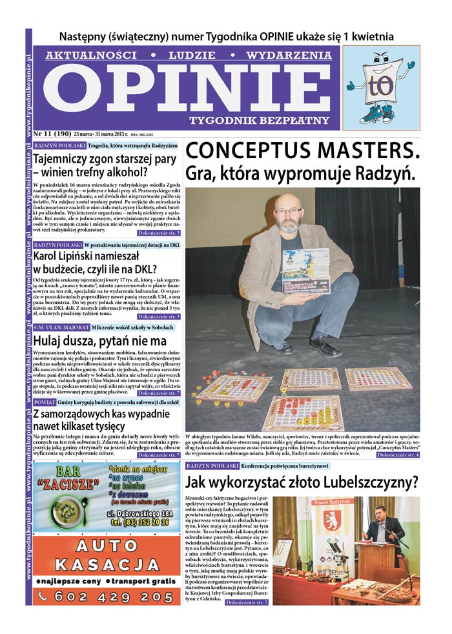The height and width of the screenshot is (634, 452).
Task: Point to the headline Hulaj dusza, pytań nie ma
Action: [x=99, y=340]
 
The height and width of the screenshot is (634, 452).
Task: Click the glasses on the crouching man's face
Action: [x=287, y=210]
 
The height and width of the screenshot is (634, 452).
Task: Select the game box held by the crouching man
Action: [x=305, y=271]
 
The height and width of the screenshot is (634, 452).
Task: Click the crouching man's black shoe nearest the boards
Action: [x=325, y=349]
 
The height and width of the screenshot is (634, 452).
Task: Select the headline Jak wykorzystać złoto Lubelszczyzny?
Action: [x=302, y=482]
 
